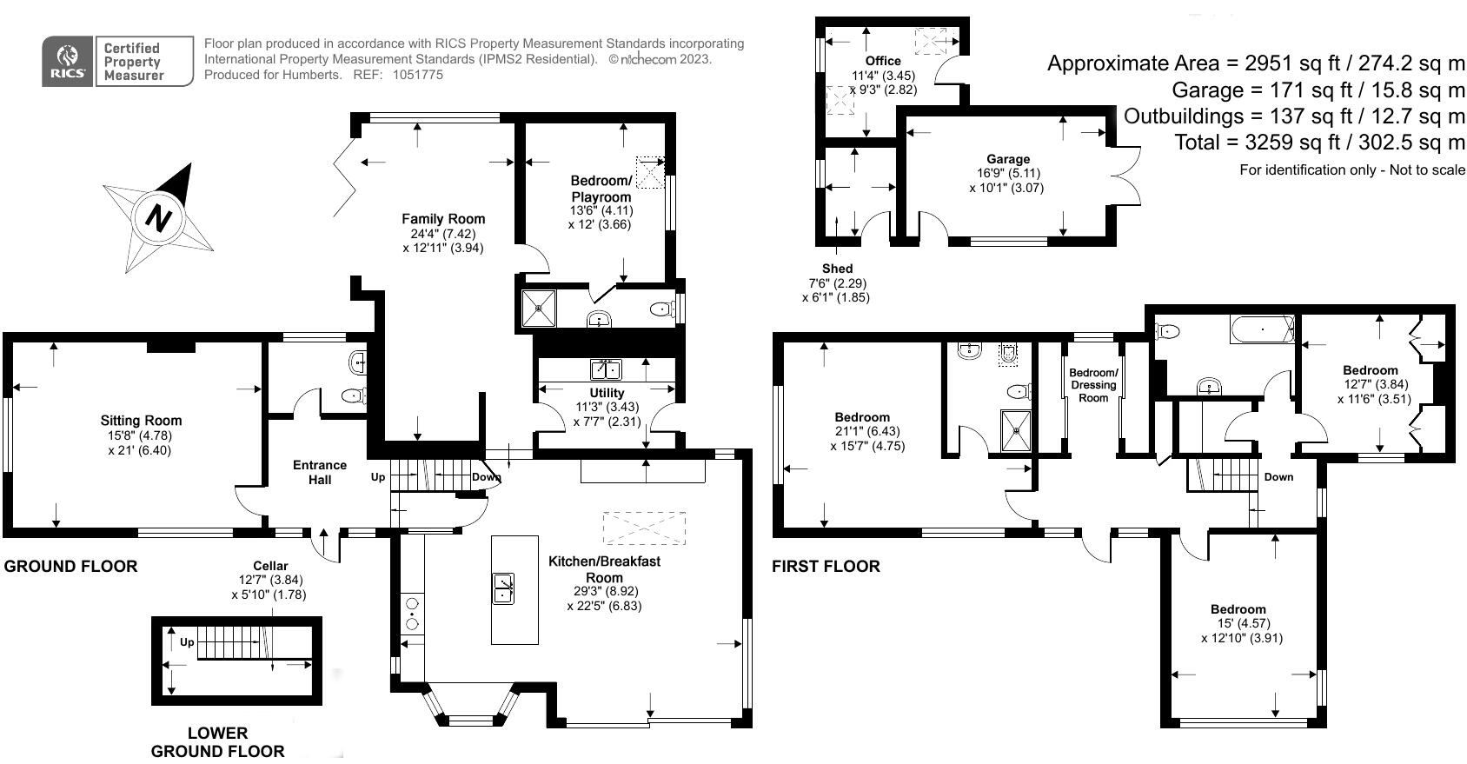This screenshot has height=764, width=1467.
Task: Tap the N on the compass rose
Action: point(157,216)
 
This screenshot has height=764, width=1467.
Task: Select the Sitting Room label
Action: point(141,421)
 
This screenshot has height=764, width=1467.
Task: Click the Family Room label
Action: point(443,219)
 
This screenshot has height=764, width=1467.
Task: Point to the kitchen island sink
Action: point(503,588)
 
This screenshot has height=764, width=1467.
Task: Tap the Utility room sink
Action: point(606,370)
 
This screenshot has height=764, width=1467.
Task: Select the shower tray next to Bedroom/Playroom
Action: point(538,308)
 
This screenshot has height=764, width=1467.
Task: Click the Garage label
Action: point(1008,159)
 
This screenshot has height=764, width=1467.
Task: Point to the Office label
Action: point(883,61)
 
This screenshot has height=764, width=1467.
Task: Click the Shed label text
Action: point(837,269)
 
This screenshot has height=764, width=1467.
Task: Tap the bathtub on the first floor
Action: point(1261,329)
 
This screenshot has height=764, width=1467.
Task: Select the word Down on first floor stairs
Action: point(1278,477)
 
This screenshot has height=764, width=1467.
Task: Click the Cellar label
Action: point(270,566)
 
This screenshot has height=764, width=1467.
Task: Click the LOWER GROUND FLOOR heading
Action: point(217,741)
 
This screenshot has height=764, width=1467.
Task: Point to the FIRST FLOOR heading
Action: point(826,566)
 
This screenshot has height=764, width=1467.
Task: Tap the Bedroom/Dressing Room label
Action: point(1093,385)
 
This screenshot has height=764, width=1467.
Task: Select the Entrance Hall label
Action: point(320,472)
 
